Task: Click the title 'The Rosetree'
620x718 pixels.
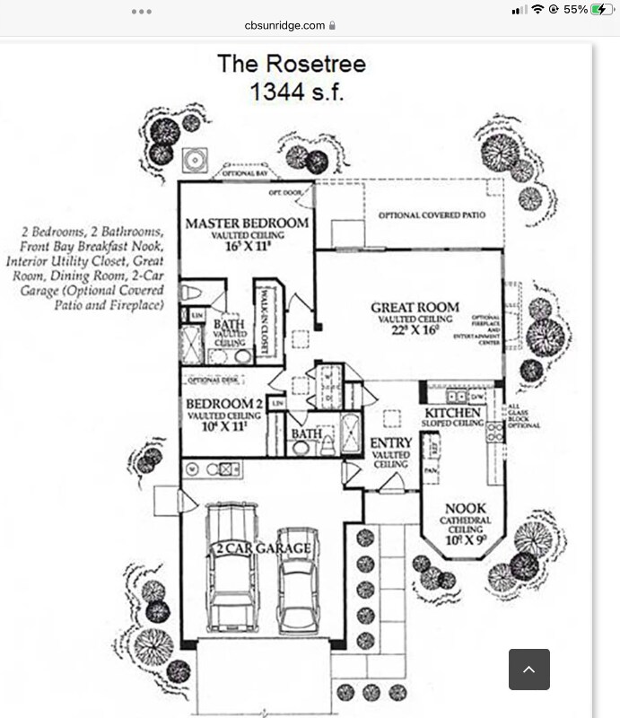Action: [x=291, y=65]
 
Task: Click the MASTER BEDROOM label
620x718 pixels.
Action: [x=247, y=223]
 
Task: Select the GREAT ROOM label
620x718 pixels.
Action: [x=415, y=308]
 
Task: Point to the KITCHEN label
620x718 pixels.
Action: [x=454, y=413]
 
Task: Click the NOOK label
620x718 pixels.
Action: [x=465, y=509]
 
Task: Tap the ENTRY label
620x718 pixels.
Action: [x=391, y=442]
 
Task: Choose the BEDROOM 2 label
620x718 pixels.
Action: [x=224, y=404]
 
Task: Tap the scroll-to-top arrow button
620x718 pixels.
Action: [x=528, y=669]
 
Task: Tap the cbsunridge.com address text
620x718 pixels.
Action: [x=284, y=26]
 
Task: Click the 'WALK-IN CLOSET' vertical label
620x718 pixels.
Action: [x=266, y=321]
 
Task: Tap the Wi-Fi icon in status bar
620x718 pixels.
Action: [x=537, y=9]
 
